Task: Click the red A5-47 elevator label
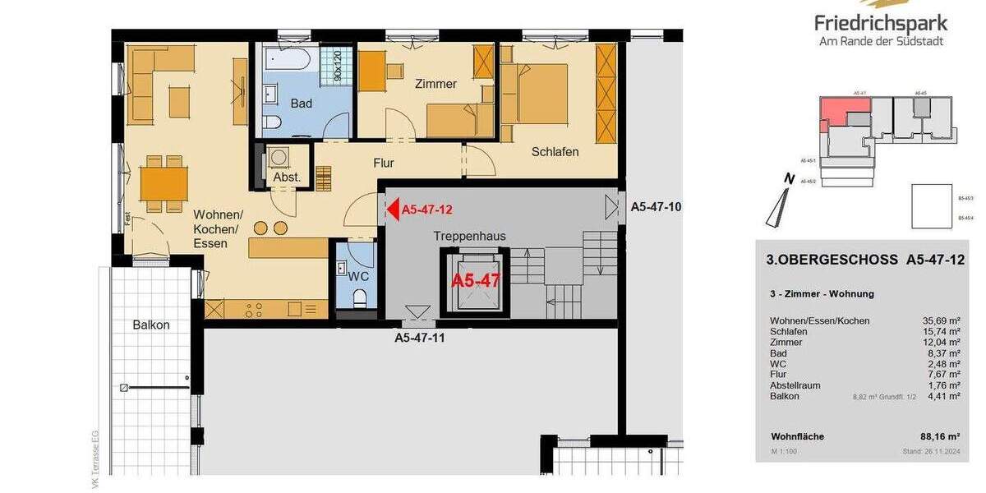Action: [x=476, y=280]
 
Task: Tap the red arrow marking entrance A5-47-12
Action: [x=393, y=209]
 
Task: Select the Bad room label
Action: [x=302, y=104]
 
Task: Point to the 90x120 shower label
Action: [x=337, y=65]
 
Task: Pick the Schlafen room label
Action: [x=555, y=152]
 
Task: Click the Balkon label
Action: [x=151, y=325]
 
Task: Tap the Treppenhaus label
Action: [x=470, y=236]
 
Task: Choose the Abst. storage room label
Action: [x=287, y=177]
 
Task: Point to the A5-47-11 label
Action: [x=421, y=337]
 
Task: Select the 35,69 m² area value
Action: [x=942, y=320]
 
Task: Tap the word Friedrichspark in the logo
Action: [x=880, y=23]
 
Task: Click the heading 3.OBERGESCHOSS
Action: [x=832, y=260]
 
